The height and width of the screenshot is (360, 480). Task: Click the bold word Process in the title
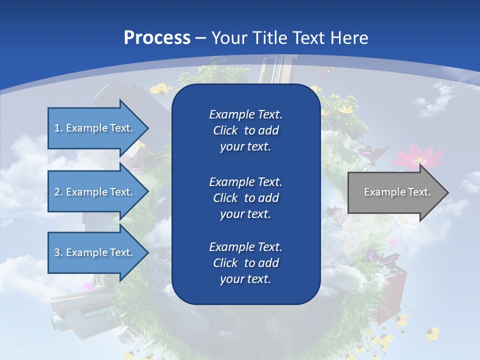157,38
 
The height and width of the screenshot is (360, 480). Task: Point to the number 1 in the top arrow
56,128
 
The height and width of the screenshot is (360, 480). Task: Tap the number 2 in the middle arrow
57,192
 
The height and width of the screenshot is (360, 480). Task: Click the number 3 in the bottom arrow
57,252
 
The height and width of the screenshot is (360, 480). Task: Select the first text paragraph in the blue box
245,130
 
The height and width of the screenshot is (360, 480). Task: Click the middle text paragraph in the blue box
245,198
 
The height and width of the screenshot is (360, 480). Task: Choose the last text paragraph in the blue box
245,263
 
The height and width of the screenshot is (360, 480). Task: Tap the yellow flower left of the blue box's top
161,89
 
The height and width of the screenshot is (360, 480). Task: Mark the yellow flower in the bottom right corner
433,333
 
